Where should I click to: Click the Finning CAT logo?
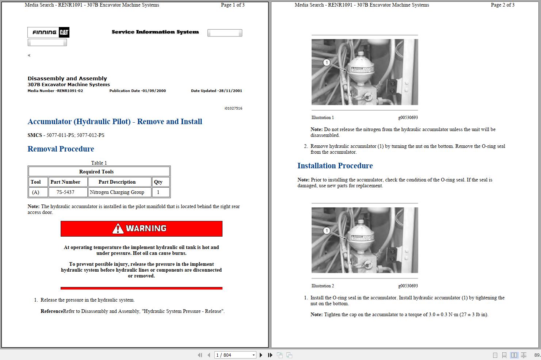pos(48,32)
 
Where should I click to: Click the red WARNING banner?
pos(141,229)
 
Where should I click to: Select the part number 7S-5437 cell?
pos(65,192)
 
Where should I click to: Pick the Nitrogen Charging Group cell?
pos(117,192)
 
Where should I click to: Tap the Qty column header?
pos(158,182)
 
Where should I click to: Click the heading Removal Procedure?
pos(61,149)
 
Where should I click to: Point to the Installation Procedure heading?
pos(335,166)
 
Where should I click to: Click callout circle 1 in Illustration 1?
pos(327,62)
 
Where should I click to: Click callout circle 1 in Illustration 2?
pos(327,231)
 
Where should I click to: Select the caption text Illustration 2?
pos(323,286)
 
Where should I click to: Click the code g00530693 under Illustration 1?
pos(408,118)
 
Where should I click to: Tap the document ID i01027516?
pos(233,108)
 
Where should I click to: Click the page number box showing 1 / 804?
pos(234,355)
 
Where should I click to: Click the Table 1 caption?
pos(99,163)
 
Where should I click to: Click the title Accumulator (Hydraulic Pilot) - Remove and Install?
pos(115,122)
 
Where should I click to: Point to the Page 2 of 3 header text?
pos(502,5)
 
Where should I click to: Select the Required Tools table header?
pos(96,172)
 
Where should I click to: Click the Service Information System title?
pos(155,32)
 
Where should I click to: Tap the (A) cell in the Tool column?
pos(35,192)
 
